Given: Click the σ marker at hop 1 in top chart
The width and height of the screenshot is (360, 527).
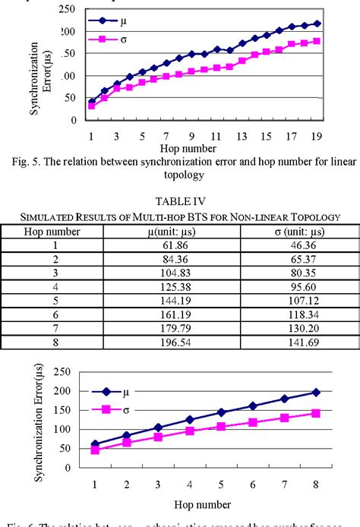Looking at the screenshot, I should (92, 106).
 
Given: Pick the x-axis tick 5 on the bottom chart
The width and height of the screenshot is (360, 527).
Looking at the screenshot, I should (219, 484).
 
